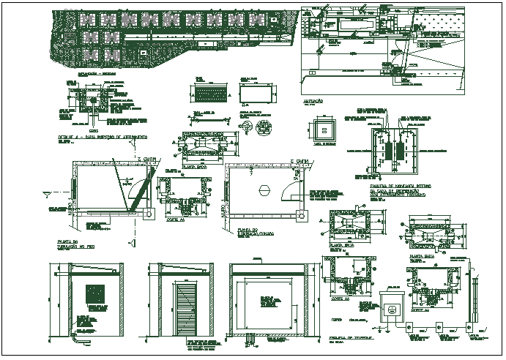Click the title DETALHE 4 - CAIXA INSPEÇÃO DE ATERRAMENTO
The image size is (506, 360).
[102, 138]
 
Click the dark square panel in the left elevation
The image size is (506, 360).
[94, 293]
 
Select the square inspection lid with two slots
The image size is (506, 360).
[322, 130]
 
